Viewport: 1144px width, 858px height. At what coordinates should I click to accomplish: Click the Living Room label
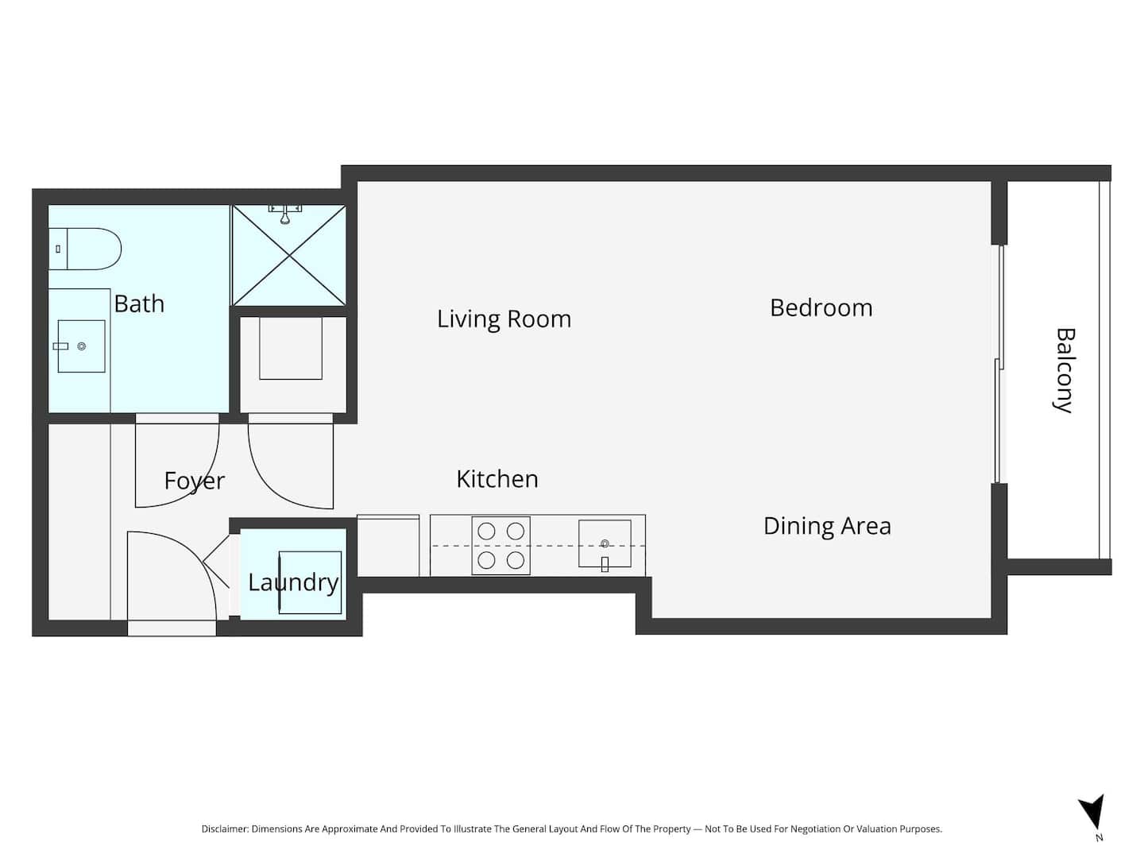coord(504,319)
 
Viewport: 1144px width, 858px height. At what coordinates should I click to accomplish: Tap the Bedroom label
coord(821,308)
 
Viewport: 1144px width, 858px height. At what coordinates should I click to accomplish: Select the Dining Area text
coord(827,526)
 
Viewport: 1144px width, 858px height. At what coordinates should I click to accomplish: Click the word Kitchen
coord(497,479)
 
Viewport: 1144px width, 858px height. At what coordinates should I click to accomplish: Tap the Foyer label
coord(195,481)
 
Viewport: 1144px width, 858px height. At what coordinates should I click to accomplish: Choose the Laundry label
coord(293,583)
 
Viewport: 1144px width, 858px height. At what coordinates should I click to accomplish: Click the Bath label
coord(139,303)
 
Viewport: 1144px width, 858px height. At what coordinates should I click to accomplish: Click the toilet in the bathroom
coord(85,249)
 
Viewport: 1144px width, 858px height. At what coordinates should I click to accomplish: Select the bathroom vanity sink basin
coord(81,346)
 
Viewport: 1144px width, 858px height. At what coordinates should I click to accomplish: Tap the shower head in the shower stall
coord(285,214)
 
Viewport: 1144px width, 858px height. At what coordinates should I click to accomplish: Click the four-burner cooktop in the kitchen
coord(500,546)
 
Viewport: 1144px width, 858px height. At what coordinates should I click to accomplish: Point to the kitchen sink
coord(605,544)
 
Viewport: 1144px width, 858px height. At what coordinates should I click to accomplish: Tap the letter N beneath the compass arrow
coord(1100,837)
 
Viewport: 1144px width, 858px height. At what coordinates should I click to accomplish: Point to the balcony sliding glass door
coord(999,364)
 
